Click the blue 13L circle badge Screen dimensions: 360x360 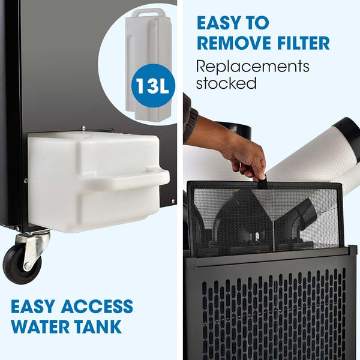click(151, 85)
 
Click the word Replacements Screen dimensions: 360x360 click(253, 65)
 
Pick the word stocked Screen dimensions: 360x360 click(226, 83)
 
